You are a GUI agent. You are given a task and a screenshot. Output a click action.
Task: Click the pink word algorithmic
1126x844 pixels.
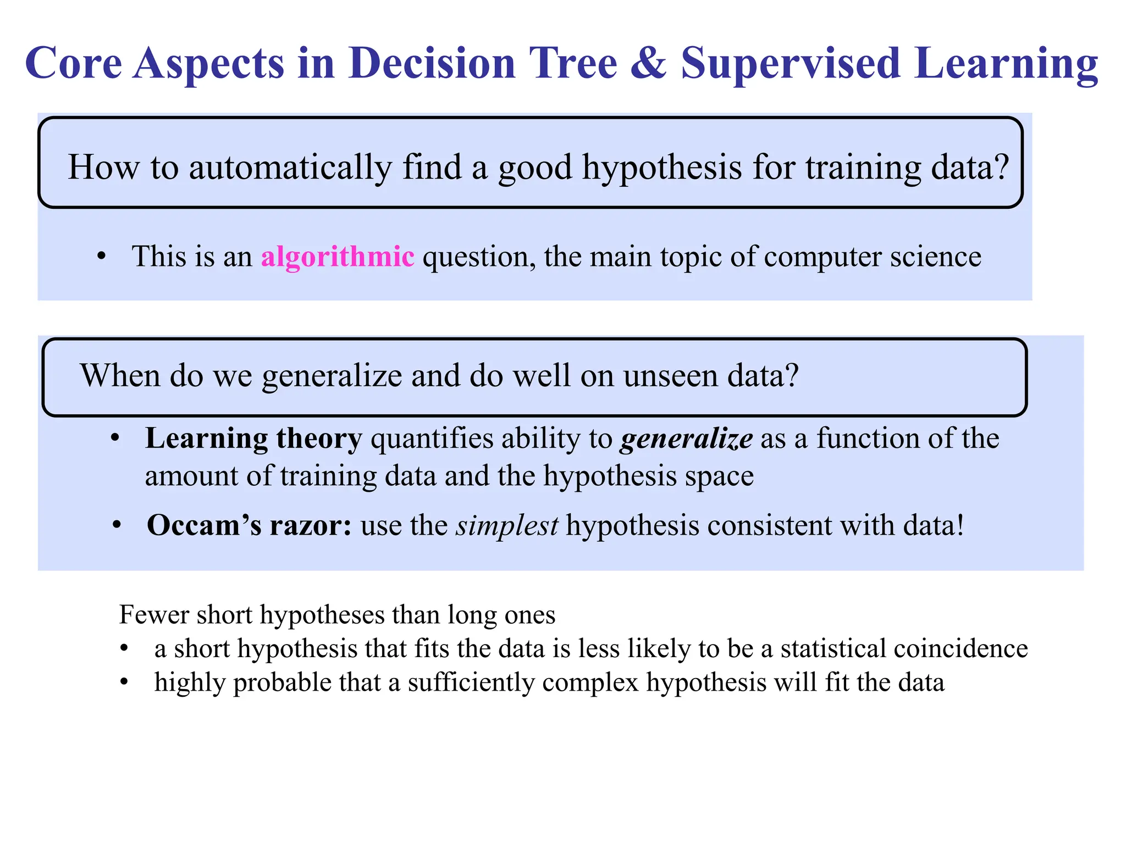pos(337,257)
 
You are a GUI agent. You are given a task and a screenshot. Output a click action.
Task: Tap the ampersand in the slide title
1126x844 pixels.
pos(649,63)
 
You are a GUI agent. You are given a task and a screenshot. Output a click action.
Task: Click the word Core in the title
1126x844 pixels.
pos(73,63)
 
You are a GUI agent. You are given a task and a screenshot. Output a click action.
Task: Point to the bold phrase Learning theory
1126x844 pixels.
pos(253,438)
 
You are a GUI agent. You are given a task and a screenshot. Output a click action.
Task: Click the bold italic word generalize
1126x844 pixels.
pos(686,439)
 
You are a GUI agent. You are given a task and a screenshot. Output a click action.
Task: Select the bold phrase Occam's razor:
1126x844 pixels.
pos(249,525)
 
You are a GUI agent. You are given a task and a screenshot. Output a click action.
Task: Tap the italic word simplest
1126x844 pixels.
pos(507,526)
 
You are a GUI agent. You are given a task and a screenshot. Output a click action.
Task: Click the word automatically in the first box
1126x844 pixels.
pos(290,167)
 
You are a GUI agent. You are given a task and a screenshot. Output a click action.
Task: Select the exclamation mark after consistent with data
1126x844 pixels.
pos(959,525)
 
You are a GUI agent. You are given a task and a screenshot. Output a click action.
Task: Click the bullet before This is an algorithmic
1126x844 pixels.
pos(101,257)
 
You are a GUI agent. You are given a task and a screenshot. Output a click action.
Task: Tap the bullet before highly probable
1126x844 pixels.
pos(124,683)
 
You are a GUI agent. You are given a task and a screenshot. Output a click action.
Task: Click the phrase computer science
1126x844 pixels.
pos(872,257)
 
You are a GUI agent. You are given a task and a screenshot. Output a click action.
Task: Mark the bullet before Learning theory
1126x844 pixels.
pos(114,439)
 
